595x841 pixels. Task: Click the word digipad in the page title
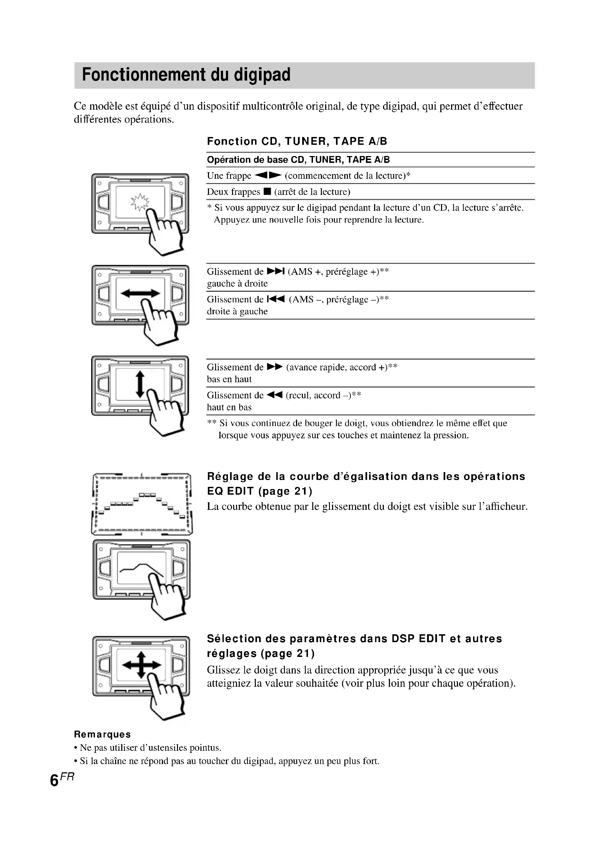262,75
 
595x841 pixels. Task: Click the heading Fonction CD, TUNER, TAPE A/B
297,141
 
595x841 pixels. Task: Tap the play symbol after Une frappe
268,175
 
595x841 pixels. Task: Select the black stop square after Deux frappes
267,191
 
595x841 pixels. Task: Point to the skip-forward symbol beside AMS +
276,271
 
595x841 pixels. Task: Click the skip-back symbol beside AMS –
276,299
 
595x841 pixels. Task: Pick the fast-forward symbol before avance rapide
275,367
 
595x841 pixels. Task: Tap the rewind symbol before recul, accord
275,395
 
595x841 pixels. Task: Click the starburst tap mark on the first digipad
140,202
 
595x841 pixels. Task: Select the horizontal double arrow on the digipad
140,293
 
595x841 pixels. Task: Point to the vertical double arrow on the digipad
140,384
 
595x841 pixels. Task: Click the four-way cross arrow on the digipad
141,664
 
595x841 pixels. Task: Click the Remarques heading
102,735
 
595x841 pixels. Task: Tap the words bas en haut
229,379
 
